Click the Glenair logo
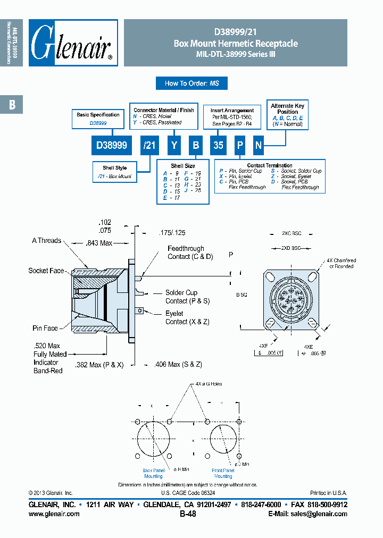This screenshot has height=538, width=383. (73, 43)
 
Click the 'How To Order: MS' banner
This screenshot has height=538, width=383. (191, 83)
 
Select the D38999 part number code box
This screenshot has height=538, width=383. (108, 145)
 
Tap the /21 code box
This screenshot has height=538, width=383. (148, 145)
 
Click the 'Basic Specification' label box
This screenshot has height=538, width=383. (98, 119)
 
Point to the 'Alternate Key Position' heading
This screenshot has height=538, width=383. (288, 109)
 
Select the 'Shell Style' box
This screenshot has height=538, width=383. (114, 172)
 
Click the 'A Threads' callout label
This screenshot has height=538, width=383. (46, 241)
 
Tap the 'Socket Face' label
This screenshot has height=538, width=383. (46, 271)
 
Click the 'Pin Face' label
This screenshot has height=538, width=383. (45, 329)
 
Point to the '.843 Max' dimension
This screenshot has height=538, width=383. (99, 243)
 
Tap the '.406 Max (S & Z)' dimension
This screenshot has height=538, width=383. (178, 364)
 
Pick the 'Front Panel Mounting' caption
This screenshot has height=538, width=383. (223, 473)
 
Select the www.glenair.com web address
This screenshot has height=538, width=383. (54, 514)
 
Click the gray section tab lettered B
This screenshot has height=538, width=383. (12, 105)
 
